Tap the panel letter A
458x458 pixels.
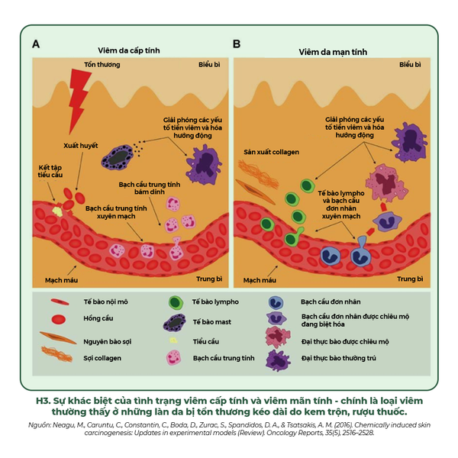point(36,45)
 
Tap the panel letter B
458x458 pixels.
point(237,45)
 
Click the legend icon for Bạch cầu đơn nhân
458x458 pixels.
point(276,302)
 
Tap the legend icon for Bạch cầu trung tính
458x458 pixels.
point(173,356)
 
